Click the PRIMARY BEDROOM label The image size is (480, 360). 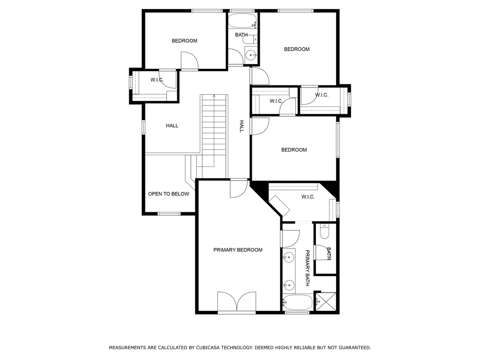[238, 250]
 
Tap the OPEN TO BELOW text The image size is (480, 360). [169, 194]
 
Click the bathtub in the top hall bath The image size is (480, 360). [242, 21]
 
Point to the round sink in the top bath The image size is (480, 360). [251, 55]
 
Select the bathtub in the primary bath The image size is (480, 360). [298, 302]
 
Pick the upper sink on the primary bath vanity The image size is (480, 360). [289, 257]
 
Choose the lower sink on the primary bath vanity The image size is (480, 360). [289, 284]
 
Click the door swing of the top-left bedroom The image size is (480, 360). [189, 61]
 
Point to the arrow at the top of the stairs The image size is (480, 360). [214, 96]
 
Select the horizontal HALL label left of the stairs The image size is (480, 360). [172, 126]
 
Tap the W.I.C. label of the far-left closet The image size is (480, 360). [157, 80]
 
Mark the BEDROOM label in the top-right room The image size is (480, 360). [297, 49]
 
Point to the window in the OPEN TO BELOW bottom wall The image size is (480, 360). [169, 214]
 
